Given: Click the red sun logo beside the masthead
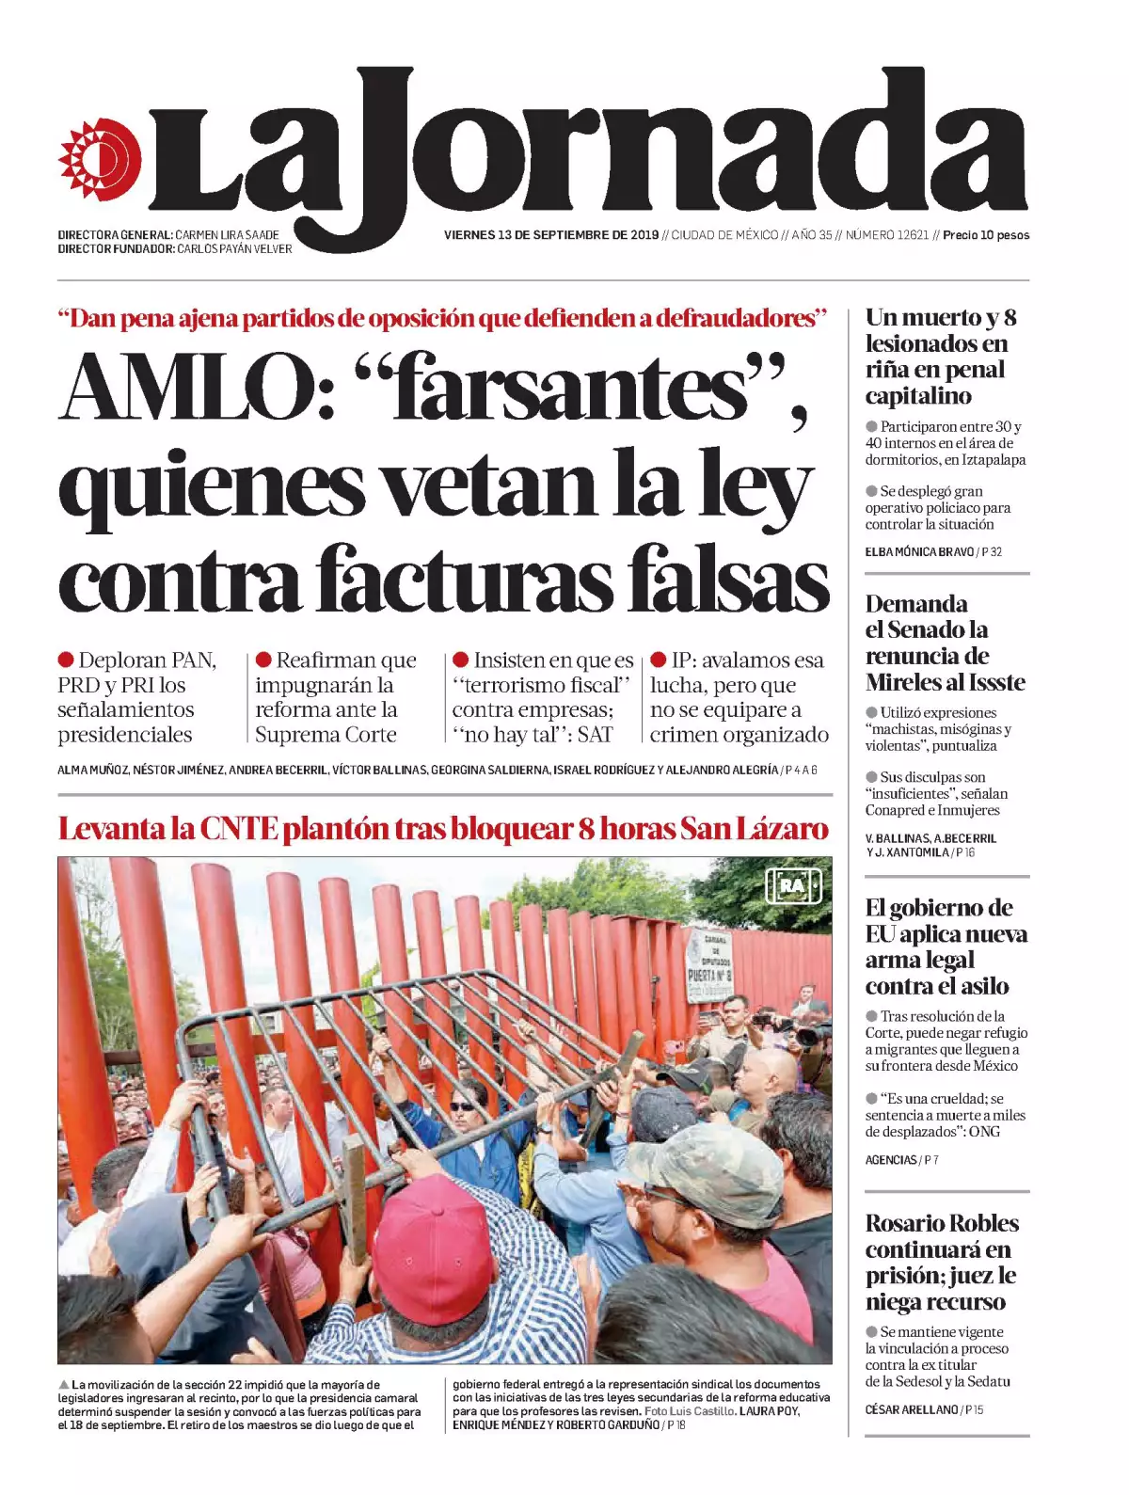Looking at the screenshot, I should coord(100,159).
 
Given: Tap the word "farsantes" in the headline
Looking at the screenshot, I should coord(570,388).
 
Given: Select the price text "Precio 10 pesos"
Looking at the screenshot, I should coord(986,235).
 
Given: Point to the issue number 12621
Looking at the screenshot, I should coord(909,235).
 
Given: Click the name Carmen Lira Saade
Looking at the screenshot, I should coord(228,235).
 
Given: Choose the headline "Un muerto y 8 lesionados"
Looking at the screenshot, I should coord(940,356).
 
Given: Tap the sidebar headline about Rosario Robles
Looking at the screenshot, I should coord(942,1262).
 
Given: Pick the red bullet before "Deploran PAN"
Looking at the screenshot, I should coord(66,660).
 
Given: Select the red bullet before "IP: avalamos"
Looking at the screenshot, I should coord(659,660).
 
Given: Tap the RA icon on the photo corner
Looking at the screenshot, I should coord(793,885).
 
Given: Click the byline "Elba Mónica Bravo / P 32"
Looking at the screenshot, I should coord(933,552).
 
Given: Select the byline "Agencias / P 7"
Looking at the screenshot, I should coord(901,1160).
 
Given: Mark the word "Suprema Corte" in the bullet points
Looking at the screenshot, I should coord(326,735).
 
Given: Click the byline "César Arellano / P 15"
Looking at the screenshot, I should coord(924,1409).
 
